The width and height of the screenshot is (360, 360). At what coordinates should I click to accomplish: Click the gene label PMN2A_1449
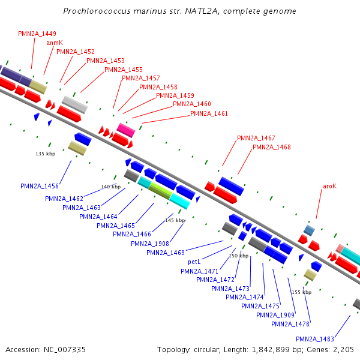click(x=37, y=34)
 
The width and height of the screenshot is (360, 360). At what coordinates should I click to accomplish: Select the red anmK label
click(x=55, y=43)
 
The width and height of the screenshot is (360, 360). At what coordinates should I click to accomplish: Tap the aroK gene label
click(x=329, y=187)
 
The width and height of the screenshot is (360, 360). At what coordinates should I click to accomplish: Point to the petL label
click(x=194, y=262)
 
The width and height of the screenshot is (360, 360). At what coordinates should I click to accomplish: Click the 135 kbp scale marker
click(x=46, y=154)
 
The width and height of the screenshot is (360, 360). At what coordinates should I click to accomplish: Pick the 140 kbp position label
click(x=110, y=187)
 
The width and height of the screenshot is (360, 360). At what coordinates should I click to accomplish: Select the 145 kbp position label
click(x=175, y=220)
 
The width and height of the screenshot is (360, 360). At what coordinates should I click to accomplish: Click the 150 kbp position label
click(x=238, y=256)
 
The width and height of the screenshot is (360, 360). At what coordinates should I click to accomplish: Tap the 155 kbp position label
click(x=302, y=292)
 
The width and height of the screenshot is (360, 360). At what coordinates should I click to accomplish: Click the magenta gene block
click(x=126, y=130)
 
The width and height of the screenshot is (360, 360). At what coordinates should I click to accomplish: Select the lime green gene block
click(x=160, y=190)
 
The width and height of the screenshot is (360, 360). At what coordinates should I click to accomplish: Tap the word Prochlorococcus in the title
click(x=97, y=11)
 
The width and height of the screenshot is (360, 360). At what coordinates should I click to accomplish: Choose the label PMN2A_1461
click(x=209, y=113)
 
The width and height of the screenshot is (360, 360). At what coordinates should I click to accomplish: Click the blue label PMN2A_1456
click(x=39, y=187)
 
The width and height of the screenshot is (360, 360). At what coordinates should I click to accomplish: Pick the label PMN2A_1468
click(x=272, y=147)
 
